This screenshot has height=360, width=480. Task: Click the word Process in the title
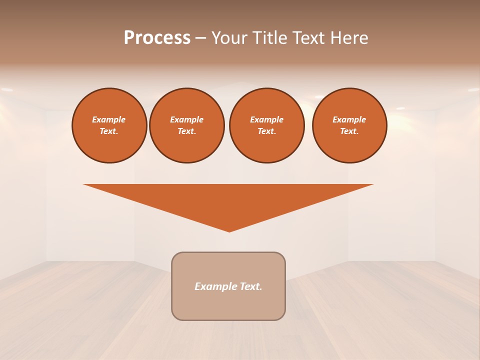click(x=157, y=38)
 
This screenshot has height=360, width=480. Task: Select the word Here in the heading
click(x=349, y=38)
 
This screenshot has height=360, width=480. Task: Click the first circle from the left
click(x=109, y=125)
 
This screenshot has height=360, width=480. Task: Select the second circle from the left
click(x=187, y=125)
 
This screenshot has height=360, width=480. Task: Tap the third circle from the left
click(x=267, y=125)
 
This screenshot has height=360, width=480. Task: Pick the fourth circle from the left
click(x=349, y=125)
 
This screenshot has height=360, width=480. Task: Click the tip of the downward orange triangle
click(x=229, y=230)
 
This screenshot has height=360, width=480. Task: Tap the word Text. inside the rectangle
click(x=251, y=286)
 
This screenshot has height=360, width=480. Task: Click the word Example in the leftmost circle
click(x=109, y=119)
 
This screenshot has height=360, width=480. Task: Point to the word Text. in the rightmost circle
click(x=349, y=131)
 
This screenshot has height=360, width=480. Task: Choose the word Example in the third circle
click(x=267, y=119)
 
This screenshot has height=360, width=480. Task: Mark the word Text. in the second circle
click(x=187, y=131)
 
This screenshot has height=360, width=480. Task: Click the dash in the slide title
click(x=200, y=38)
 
